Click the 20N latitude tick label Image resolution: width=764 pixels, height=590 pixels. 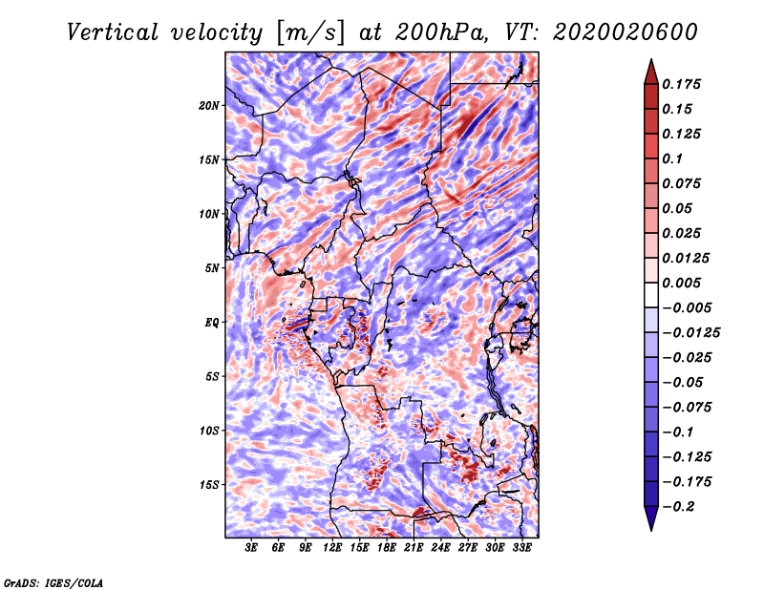click(209, 105)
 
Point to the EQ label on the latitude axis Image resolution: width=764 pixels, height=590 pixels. click(211, 323)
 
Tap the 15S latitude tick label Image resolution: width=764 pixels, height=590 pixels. click(209, 485)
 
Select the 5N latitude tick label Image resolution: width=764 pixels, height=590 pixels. click(212, 268)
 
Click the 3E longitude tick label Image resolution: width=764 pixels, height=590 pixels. click(252, 548)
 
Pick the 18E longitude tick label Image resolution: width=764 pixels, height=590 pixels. click(387, 548)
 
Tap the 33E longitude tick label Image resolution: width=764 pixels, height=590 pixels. click(521, 548)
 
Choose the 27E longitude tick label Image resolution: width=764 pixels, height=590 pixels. click(468, 548)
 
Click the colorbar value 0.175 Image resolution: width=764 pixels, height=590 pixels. click(684, 84)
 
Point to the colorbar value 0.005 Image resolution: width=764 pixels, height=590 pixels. click(684, 283)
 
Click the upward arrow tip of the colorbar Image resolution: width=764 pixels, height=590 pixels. click(650, 62)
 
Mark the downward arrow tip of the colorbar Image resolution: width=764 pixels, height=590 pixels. click(650, 527)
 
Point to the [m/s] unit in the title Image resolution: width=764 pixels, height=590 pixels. click(309, 32)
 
